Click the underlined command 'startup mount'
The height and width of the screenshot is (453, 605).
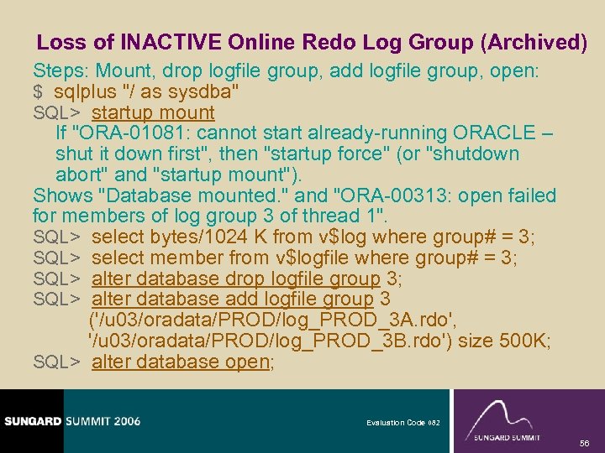tap(153, 112)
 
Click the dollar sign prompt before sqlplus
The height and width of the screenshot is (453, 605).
tap(38, 91)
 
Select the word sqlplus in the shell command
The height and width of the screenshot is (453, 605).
tap(83, 91)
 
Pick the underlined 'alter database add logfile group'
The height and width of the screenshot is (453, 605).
tap(232, 299)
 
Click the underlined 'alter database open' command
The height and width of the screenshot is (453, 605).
tap(180, 362)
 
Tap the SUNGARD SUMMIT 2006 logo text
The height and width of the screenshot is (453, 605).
tap(71, 421)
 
